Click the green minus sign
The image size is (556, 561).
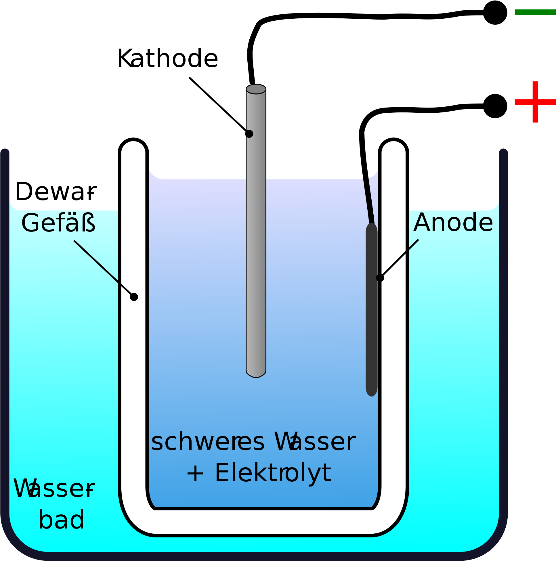click(x=535, y=12)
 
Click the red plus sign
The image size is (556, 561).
click(x=535, y=102)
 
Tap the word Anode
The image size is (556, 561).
click(x=453, y=223)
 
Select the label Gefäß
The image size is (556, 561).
click(x=58, y=223)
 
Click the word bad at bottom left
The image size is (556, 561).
click(x=61, y=520)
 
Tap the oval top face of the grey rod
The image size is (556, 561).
click(x=256, y=89)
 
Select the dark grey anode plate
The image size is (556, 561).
click(x=372, y=309)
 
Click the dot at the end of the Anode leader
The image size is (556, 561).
click(x=380, y=278)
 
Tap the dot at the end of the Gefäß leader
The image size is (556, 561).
click(x=134, y=297)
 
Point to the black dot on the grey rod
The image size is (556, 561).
click(x=249, y=134)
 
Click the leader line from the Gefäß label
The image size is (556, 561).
click(x=103, y=268)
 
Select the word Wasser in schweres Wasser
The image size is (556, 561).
click(x=315, y=442)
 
